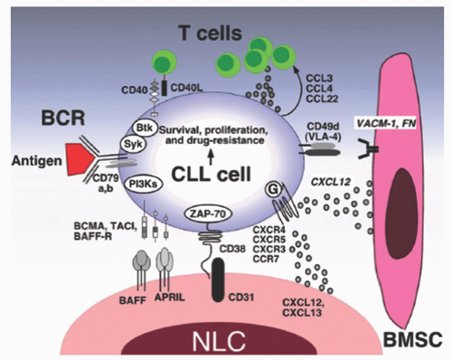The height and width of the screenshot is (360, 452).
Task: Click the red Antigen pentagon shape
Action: point(79,158)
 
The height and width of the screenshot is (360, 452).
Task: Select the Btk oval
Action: point(145,128)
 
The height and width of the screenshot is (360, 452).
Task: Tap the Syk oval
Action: point(133,145)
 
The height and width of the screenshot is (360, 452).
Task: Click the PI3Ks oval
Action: point(143,184)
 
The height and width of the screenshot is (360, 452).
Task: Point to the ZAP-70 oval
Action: point(209,213)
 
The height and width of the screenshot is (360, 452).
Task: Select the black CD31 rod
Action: point(217,279)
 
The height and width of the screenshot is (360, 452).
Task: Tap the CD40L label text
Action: point(187,88)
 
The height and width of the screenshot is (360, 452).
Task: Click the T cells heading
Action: point(210,33)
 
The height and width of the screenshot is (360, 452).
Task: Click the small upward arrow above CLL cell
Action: point(211,157)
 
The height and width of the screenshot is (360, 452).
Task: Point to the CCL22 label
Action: point(322,99)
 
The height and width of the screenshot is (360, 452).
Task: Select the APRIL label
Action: point(170,298)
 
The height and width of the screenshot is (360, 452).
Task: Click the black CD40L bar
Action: point(165,88)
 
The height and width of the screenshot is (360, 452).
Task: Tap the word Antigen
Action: point(36,162)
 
